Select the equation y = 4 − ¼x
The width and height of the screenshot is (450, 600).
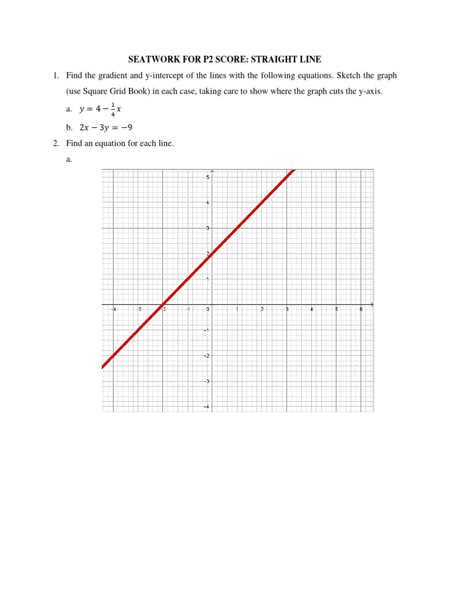(100, 109)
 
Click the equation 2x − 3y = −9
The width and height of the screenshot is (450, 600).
(105, 127)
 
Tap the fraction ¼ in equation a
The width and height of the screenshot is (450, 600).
(113, 110)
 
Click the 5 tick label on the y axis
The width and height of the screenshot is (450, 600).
(208, 177)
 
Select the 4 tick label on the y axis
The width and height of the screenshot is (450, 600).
(208, 203)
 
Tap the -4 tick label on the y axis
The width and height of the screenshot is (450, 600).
(207, 407)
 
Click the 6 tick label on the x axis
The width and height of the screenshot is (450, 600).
(361, 309)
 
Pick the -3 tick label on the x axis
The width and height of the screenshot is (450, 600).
(139, 309)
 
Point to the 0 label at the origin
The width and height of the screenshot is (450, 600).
(208, 309)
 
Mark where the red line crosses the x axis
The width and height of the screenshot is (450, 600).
(162, 305)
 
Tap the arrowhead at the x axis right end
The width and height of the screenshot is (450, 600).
(371, 305)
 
